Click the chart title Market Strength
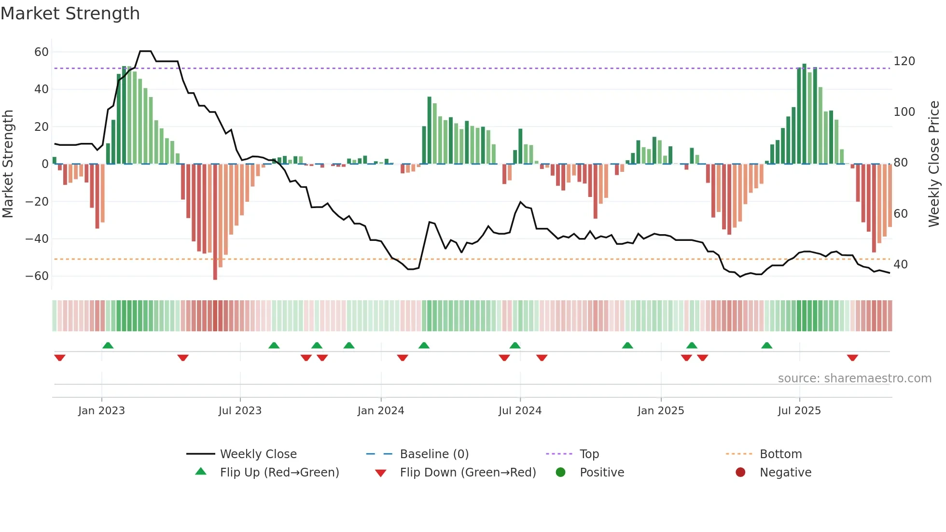(x=70, y=14)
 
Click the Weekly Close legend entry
(x=258, y=454)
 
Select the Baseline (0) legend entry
(x=434, y=454)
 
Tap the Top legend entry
(x=589, y=454)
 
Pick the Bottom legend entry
(x=780, y=454)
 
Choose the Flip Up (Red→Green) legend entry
(x=279, y=472)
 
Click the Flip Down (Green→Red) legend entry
(x=467, y=472)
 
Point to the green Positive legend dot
(x=560, y=472)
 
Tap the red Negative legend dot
(x=740, y=472)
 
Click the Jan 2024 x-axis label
(x=381, y=410)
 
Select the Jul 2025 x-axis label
(x=799, y=410)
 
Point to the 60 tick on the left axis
(x=42, y=52)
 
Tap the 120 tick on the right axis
(x=904, y=61)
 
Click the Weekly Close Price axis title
(x=934, y=164)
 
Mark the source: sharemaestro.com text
(x=854, y=378)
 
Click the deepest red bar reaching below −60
(x=215, y=222)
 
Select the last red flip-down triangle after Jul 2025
(x=852, y=358)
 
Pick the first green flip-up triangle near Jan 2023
(x=108, y=345)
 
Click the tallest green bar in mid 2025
(x=804, y=113)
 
